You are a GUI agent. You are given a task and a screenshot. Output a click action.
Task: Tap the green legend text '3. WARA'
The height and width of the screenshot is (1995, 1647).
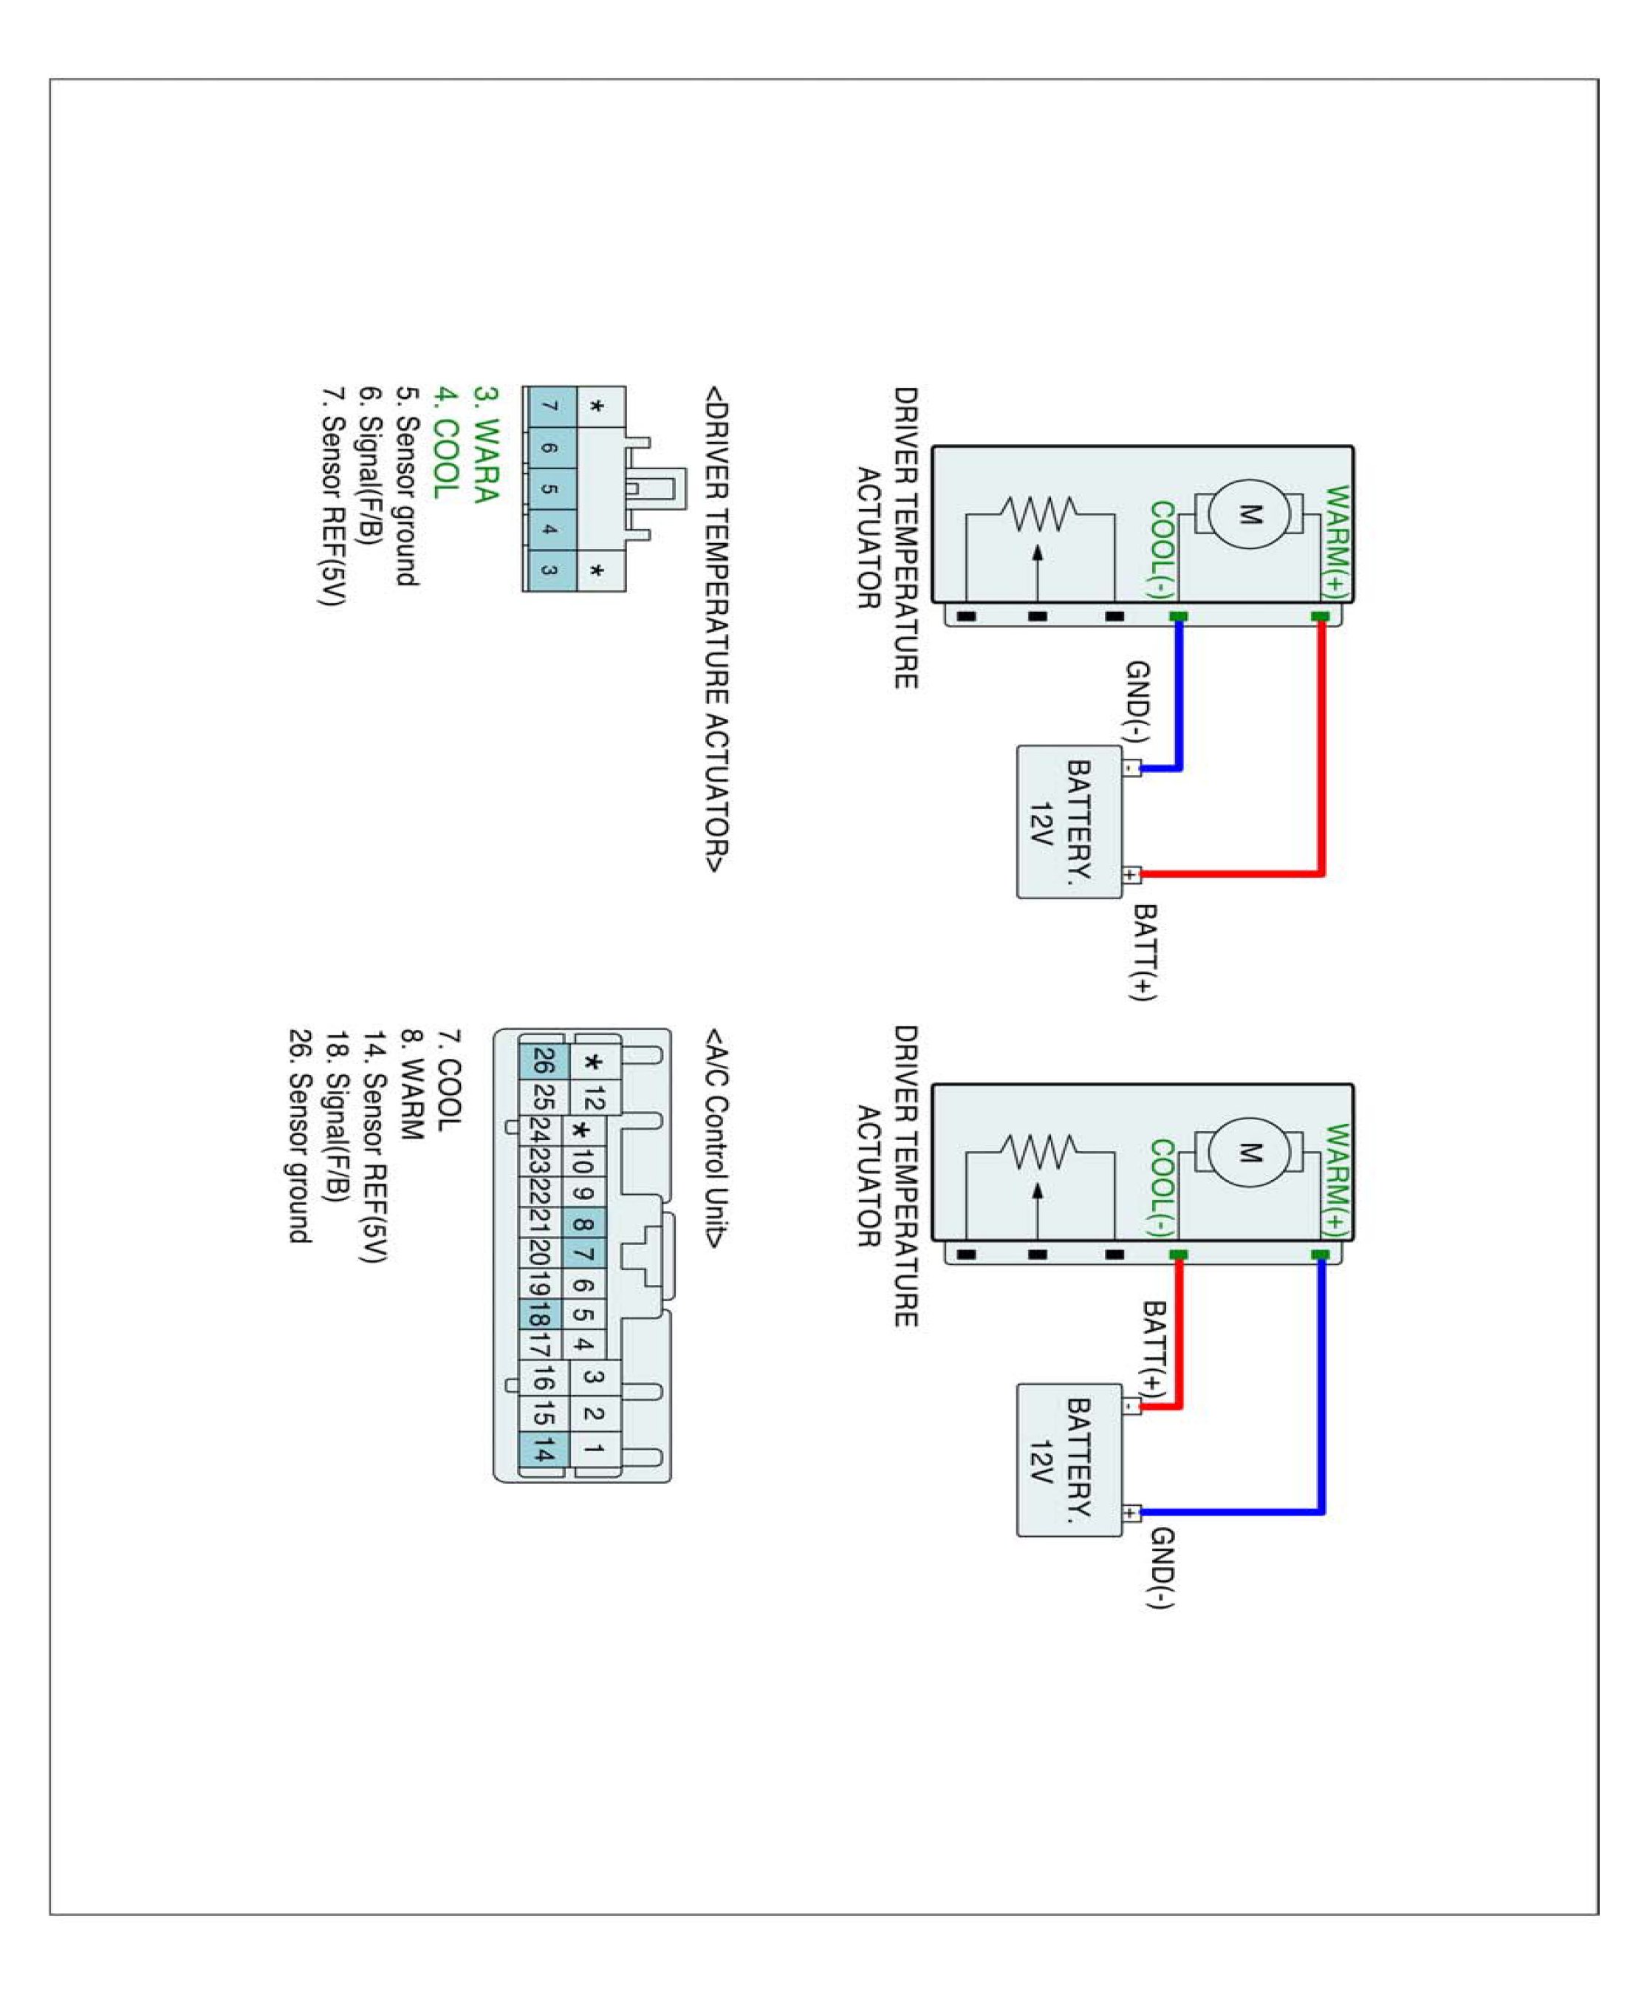(x=484, y=443)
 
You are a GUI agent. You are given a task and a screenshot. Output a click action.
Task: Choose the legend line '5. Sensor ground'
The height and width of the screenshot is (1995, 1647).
(x=407, y=486)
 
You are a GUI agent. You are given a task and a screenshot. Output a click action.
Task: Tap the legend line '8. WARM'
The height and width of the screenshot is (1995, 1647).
(x=411, y=1084)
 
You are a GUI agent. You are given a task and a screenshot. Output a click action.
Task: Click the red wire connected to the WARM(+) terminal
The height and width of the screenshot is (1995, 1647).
(x=1321, y=750)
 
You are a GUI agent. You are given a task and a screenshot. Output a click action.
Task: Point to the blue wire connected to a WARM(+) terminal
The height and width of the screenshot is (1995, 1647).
(x=1321, y=1385)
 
